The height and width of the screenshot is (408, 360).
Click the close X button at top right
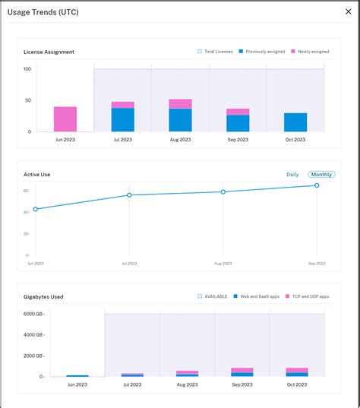point(348,12)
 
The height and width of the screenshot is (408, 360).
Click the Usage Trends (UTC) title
point(43,12)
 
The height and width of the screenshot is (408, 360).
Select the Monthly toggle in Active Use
point(321,175)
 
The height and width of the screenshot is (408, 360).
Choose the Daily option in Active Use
point(292,175)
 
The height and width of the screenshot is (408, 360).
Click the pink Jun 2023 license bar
point(65,119)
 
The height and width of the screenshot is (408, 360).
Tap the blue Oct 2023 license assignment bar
point(295,122)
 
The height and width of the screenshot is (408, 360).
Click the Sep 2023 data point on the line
point(317,185)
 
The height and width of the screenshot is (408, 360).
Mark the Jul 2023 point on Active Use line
point(129,195)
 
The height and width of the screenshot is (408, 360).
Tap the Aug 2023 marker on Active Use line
point(223,191)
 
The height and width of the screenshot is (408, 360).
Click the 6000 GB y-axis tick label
point(33,314)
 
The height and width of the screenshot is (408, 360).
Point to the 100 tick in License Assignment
point(27,69)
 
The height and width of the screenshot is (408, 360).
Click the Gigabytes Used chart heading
point(43,296)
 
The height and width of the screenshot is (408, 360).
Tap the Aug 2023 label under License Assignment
point(180,140)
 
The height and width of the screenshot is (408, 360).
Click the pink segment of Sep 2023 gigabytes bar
point(242,370)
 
